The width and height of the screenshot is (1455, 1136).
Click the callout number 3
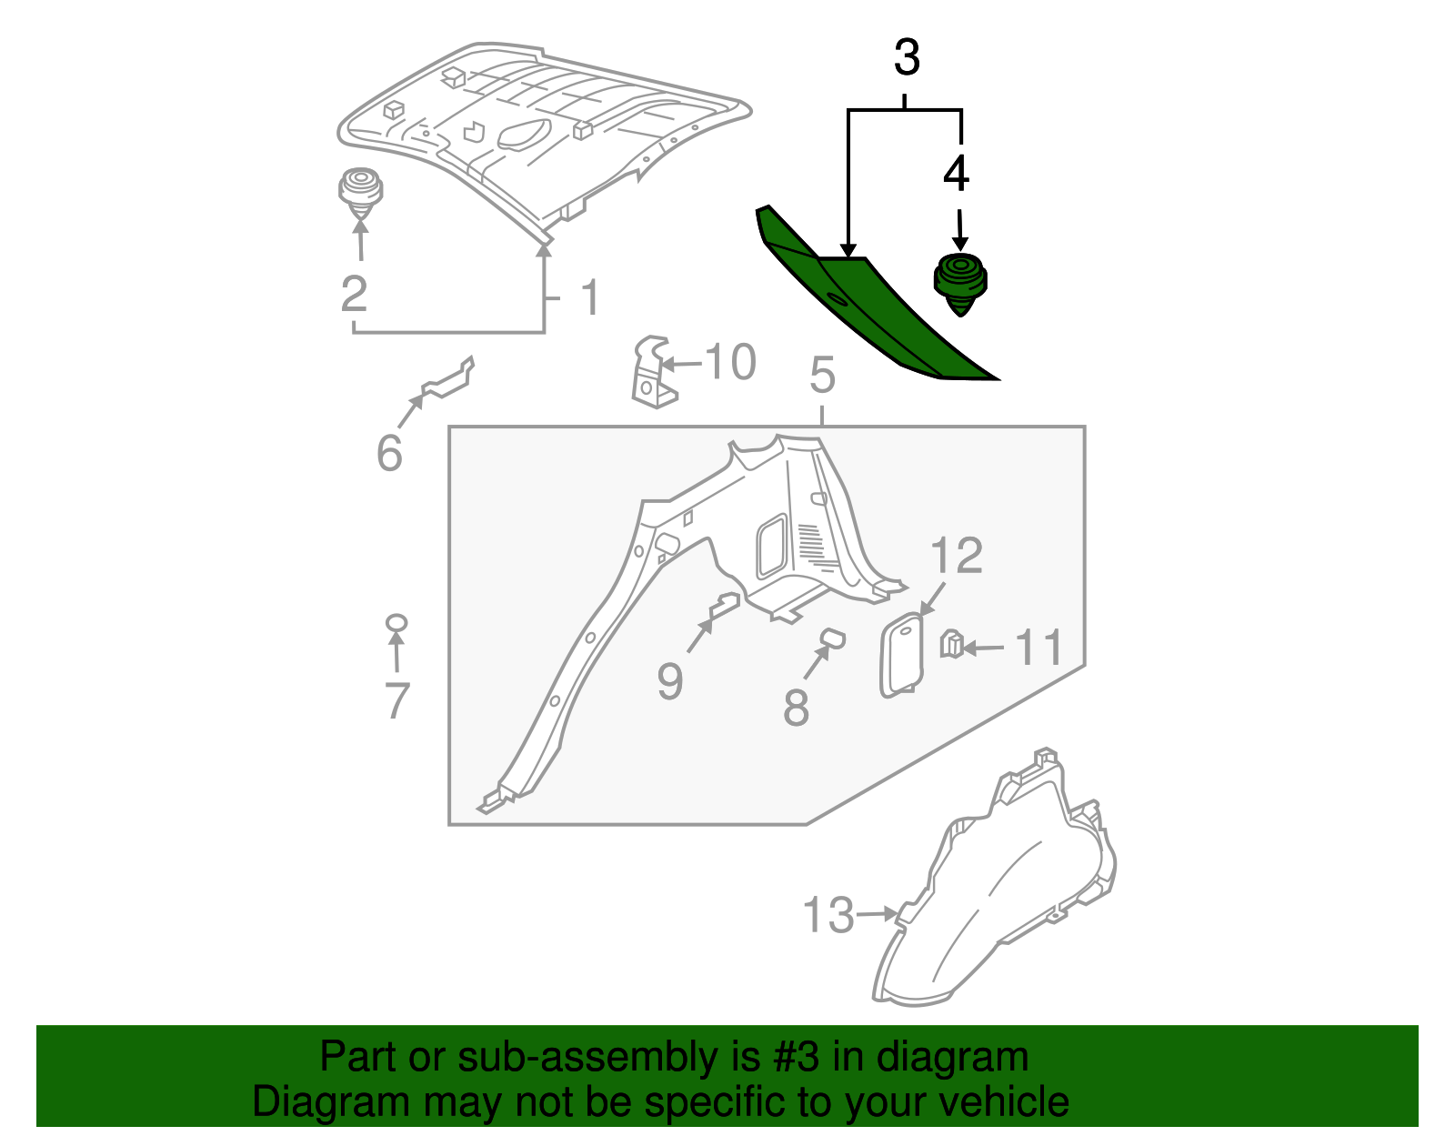[x=907, y=57]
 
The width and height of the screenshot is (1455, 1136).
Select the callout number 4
[x=956, y=174]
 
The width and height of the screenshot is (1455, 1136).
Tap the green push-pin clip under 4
[x=960, y=283]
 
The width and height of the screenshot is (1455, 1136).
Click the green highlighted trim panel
[x=873, y=309]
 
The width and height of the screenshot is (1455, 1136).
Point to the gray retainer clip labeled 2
[x=360, y=193]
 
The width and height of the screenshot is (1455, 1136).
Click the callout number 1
[x=590, y=297]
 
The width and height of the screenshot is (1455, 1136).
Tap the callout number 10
[x=730, y=362]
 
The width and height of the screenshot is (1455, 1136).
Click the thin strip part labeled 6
[x=447, y=381]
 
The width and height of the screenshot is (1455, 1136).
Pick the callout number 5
[x=822, y=376]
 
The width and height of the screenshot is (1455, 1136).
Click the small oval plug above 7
[x=396, y=623]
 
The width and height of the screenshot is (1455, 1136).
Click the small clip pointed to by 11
[x=951, y=644]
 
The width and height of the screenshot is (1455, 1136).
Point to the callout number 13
[x=828, y=915]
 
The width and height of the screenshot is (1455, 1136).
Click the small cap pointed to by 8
[x=832, y=638]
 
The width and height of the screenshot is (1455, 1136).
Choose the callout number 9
[x=669, y=681]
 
